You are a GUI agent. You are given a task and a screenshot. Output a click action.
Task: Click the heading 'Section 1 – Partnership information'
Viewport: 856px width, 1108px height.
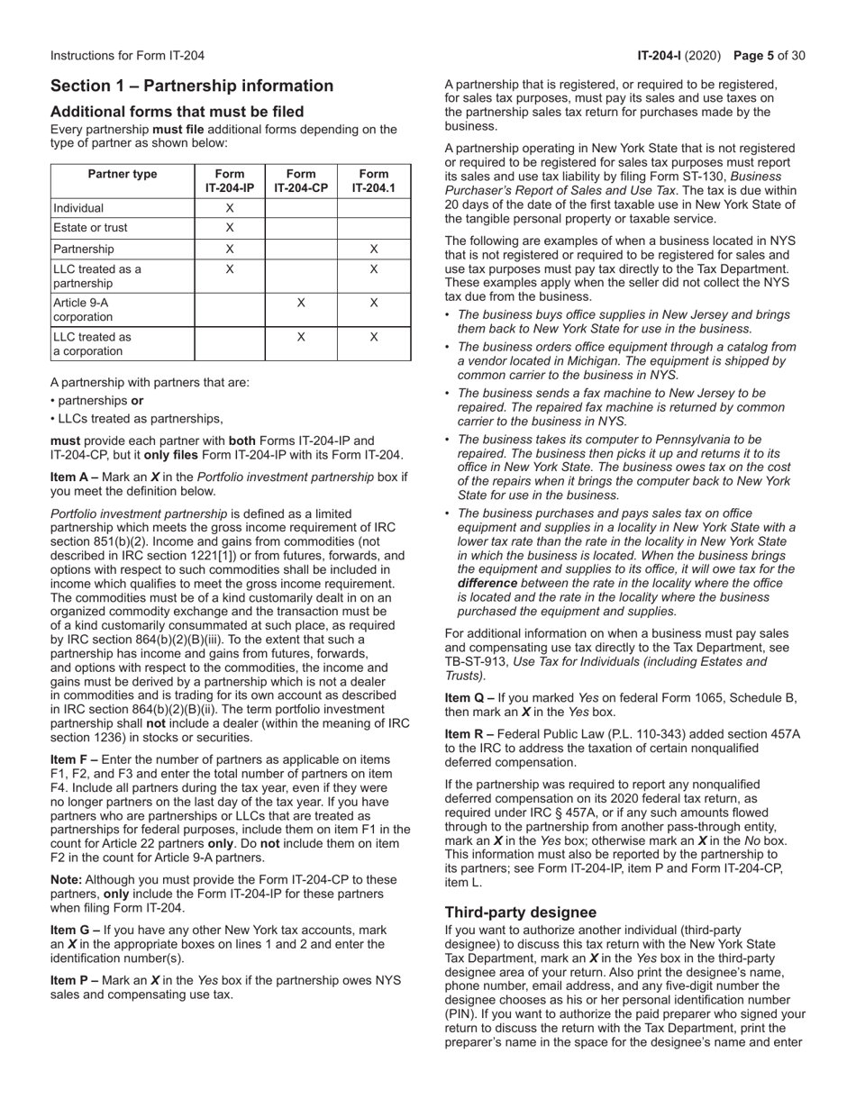[x=191, y=86]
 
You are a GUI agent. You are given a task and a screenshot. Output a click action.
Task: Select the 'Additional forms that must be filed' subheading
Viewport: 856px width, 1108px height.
[x=177, y=112]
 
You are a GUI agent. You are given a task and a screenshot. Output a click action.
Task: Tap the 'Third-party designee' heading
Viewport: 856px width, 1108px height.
[x=520, y=913]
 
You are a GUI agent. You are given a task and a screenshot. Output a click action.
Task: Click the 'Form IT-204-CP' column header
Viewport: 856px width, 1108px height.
[x=301, y=181]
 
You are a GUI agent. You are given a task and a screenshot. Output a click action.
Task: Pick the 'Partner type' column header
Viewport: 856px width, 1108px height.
[x=123, y=175]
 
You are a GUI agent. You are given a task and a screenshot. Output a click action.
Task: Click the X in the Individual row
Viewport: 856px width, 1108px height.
[x=230, y=207]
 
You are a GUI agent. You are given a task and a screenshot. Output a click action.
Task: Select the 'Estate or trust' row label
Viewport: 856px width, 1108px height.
[x=90, y=228]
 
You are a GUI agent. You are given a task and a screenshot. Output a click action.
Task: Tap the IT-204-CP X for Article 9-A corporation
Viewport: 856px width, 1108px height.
[x=301, y=304]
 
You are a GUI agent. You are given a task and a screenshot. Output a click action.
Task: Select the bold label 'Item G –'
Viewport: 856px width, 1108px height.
[x=76, y=930]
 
